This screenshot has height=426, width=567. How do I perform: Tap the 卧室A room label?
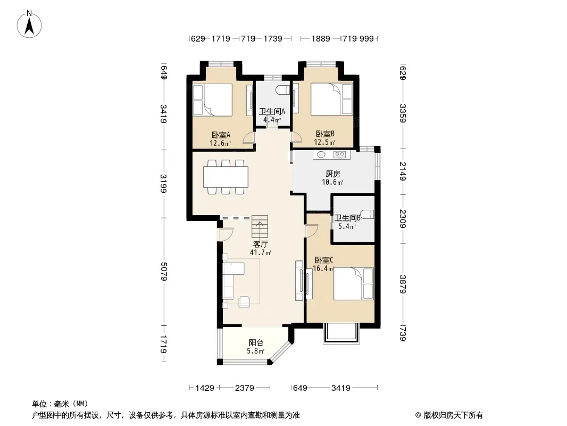tap(221, 135)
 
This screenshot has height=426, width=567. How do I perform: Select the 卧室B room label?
tap(325, 134)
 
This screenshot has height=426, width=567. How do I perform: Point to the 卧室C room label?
tap(323, 260)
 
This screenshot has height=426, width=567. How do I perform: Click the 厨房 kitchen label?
tap(332, 174)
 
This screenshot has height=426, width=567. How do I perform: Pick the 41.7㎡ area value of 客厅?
tap(261, 252)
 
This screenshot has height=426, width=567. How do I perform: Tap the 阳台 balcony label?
tap(256, 342)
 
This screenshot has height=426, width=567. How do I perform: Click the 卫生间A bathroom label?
tap(272, 111)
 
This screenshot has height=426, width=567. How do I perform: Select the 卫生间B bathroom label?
tap(347, 218)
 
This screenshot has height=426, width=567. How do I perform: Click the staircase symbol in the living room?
tap(260, 226)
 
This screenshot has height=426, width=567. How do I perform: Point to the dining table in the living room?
tap(226, 177)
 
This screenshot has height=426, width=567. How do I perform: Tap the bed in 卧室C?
tap(353, 284)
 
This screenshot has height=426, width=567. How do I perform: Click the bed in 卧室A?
tap(212, 100)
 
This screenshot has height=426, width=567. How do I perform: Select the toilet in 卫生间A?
tap(283, 90)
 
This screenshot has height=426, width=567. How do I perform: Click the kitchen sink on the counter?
tap(321, 154)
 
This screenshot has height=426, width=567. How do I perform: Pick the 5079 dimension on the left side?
tap(163, 272)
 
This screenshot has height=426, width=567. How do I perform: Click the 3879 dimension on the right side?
tap(403, 284)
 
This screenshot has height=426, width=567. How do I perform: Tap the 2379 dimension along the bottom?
tap(245, 388)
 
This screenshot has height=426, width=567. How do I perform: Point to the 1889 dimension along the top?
tap(321, 38)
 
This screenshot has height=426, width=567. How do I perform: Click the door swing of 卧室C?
tap(311, 231)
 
